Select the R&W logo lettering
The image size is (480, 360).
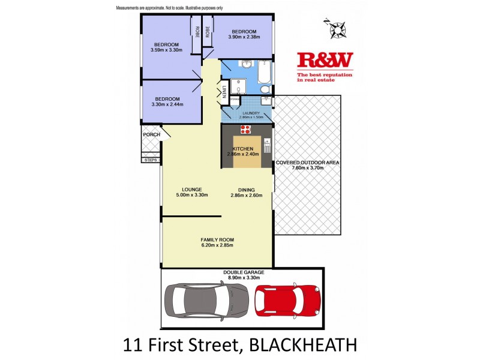tap(325, 61)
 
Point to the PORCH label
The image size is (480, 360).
tap(151, 134)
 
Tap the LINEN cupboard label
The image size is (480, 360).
tap(223, 92)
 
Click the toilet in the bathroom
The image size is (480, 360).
tap(266, 90)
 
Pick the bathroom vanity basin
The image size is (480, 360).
tap(247, 64)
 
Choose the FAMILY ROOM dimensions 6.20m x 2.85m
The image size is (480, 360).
tap(217, 245)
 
